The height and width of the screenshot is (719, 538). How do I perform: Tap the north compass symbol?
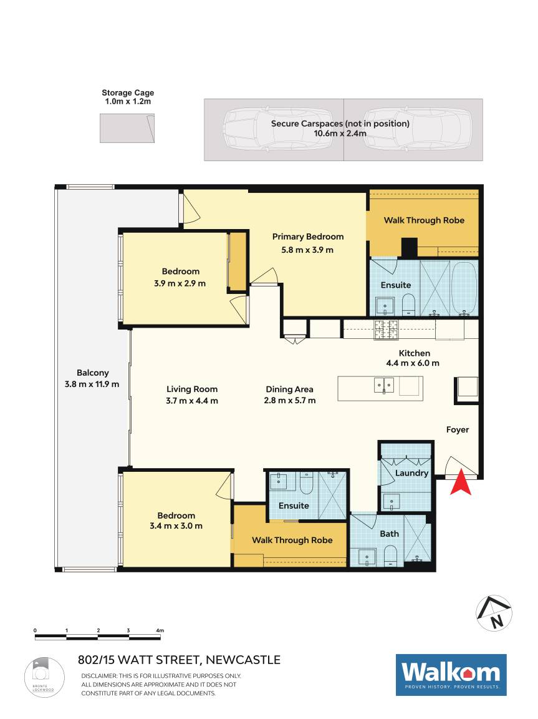coord(494,613)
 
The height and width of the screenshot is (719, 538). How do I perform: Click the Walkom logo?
coord(451,675)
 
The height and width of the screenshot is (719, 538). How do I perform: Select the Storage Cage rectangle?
coord(127,129)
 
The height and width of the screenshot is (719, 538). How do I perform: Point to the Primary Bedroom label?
coord(308,237)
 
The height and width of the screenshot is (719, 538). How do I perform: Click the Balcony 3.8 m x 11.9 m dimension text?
coord(92,384)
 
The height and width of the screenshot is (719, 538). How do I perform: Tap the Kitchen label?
coord(415,353)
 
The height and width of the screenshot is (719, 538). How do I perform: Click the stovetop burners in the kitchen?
coord(387,330)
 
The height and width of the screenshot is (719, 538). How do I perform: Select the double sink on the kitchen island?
coord(383,385)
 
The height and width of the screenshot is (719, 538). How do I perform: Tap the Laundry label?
coord(411,472)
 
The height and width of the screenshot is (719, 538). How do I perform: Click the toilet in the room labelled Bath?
coord(391,555)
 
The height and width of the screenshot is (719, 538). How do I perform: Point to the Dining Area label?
coord(289,389)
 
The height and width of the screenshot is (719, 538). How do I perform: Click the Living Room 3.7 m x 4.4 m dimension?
coord(192,401)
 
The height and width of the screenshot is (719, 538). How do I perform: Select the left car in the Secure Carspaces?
coord(277,129)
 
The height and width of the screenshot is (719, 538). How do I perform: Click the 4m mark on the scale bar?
coord(160,630)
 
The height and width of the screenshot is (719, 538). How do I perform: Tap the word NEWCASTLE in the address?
coord(243,660)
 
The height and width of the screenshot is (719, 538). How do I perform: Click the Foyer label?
coord(458,429)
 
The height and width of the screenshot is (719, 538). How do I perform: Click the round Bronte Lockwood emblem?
coord(44,677)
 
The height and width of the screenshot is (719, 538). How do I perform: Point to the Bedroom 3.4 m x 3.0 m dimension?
coord(176,526)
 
